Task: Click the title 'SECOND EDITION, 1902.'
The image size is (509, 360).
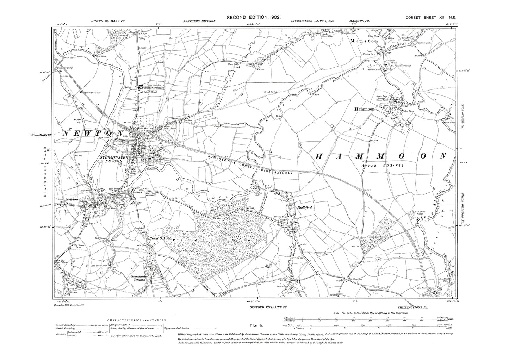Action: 254,17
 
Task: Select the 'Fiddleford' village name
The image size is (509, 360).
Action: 305,207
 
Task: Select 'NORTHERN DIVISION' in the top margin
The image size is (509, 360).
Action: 199,21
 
